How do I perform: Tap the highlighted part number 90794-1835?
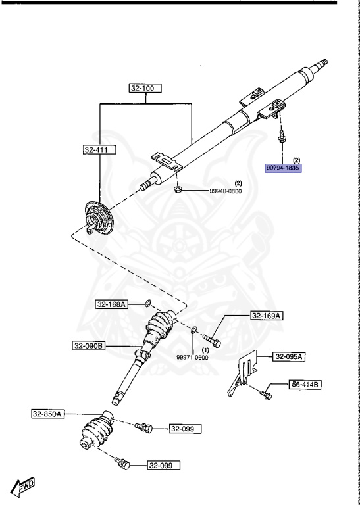coord(282,168)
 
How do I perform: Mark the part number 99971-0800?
coord(192,357)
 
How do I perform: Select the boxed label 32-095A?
coord(290,357)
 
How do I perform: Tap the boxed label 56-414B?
coord(304,384)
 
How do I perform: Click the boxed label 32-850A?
coord(47,414)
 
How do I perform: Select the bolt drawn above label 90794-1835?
coord(281,139)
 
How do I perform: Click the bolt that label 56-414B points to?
coord(267,392)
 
